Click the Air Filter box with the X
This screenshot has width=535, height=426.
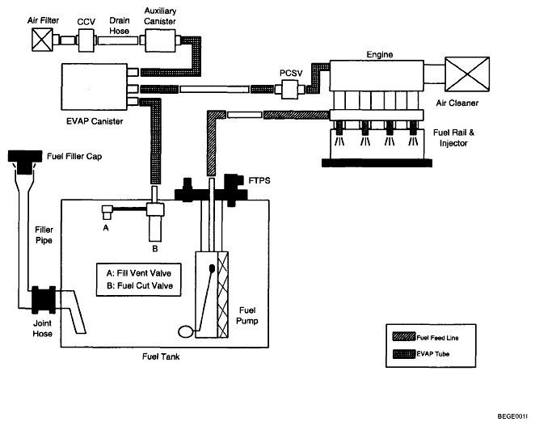point(42,40)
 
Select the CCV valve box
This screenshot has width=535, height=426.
point(86,40)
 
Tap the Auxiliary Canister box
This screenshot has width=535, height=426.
point(160,40)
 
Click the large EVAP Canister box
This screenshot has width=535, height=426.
point(95,86)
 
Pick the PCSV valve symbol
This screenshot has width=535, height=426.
point(289,90)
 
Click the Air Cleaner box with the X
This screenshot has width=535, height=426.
point(467,74)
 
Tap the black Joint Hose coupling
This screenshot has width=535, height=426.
point(44,300)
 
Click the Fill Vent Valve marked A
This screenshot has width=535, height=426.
point(107,212)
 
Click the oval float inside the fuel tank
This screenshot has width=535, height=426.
point(186,331)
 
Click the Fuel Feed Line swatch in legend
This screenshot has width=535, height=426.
point(404,336)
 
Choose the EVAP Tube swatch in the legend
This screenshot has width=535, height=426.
point(404,354)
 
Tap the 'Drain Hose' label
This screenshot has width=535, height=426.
point(120,26)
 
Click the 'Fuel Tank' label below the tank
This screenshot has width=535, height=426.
point(161,356)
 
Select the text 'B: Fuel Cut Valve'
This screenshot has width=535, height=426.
point(140,285)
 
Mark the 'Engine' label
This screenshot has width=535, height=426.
point(379,55)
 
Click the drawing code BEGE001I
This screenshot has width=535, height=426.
point(512,416)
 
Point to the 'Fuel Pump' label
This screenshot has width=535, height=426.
point(247,316)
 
